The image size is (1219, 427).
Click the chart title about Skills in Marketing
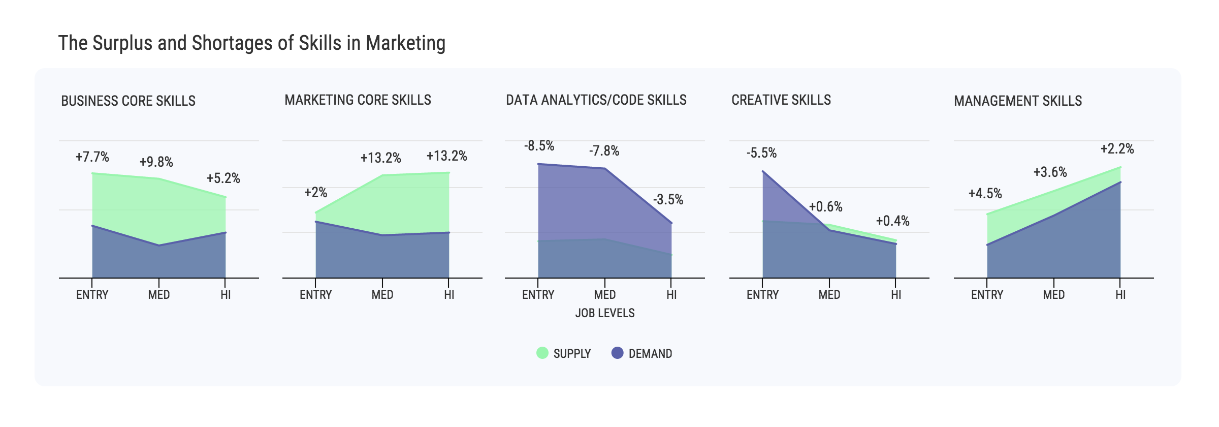tap(252, 43)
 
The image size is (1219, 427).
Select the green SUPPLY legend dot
tap(542, 353)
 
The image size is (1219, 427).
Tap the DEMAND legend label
tap(650, 354)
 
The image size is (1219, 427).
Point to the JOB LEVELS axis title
tap(604, 313)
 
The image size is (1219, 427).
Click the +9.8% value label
tap(156, 162)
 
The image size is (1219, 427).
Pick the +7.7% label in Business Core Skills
tap(92, 157)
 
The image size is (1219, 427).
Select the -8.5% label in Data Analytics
tap(539, 146)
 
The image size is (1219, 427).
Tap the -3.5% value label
tap(668, 200)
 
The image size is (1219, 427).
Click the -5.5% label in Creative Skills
tap(761, 153)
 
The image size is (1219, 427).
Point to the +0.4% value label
tap(892, 221)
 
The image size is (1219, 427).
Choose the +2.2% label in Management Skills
tap(1117, 149)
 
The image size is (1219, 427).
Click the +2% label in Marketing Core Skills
tap(315, 193)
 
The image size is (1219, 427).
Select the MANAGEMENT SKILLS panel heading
tap(1018, 101)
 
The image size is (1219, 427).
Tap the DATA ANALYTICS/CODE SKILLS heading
tap(596, 100)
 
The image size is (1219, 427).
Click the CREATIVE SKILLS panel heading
tap(781, 100)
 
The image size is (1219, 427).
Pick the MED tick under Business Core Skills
tap(159, 295)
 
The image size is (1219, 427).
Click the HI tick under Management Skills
tap(1120, 295)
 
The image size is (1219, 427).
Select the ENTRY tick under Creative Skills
tap(762, 295)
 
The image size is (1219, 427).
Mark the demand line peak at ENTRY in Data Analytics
tap(538, 164)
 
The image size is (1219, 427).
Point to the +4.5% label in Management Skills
tap(985, 194)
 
